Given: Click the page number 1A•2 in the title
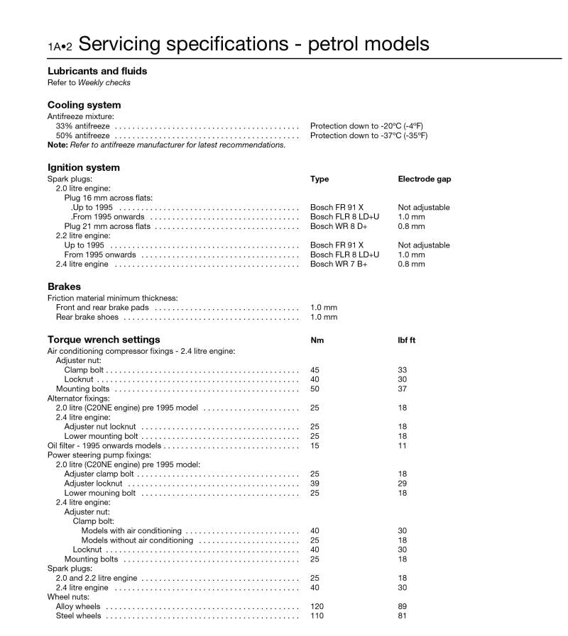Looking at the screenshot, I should click(x=60, y=47).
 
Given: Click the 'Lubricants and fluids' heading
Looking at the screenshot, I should click(x=97, y=71).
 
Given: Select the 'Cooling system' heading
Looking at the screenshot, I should click(x=84, y=105).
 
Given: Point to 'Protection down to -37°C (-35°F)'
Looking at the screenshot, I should click(x=368, y=135).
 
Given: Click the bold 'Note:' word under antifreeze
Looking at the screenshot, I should click(x=58, y=145).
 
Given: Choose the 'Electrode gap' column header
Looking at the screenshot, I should click(x=424, y=179).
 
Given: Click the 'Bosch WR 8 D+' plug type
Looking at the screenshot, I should click(x=339, y=226).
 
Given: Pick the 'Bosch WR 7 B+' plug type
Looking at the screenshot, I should click(x=339, y=264).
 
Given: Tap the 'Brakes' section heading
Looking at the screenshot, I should click(x=64, y=287).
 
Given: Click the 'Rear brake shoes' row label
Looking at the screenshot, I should click(x=87, y=317).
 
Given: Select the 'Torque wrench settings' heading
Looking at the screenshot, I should click(x=104, y=340).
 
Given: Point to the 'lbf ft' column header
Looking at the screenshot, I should click(x=407, y=340).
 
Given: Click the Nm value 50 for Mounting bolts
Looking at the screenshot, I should click(x=315, y=389).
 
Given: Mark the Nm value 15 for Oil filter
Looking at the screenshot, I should click(x=315, y=445).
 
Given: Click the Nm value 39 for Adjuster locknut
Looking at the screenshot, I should click(x=315, y=483).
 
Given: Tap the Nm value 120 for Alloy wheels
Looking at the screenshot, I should click(x=317, y=607).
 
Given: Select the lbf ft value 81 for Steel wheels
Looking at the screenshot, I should click(x=403, y=616).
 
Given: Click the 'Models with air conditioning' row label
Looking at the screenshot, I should click(x=131, y=530).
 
